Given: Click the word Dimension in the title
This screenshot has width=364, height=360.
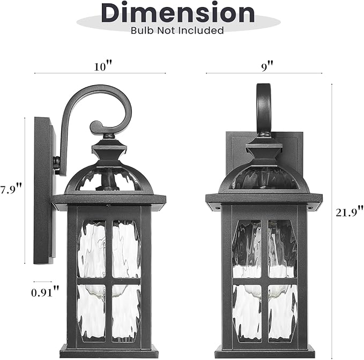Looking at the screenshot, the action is coord(178,13).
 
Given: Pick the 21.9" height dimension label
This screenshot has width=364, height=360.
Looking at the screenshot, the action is coord(350,212).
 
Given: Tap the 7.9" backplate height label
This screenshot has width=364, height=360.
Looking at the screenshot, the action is coord(11,189).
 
